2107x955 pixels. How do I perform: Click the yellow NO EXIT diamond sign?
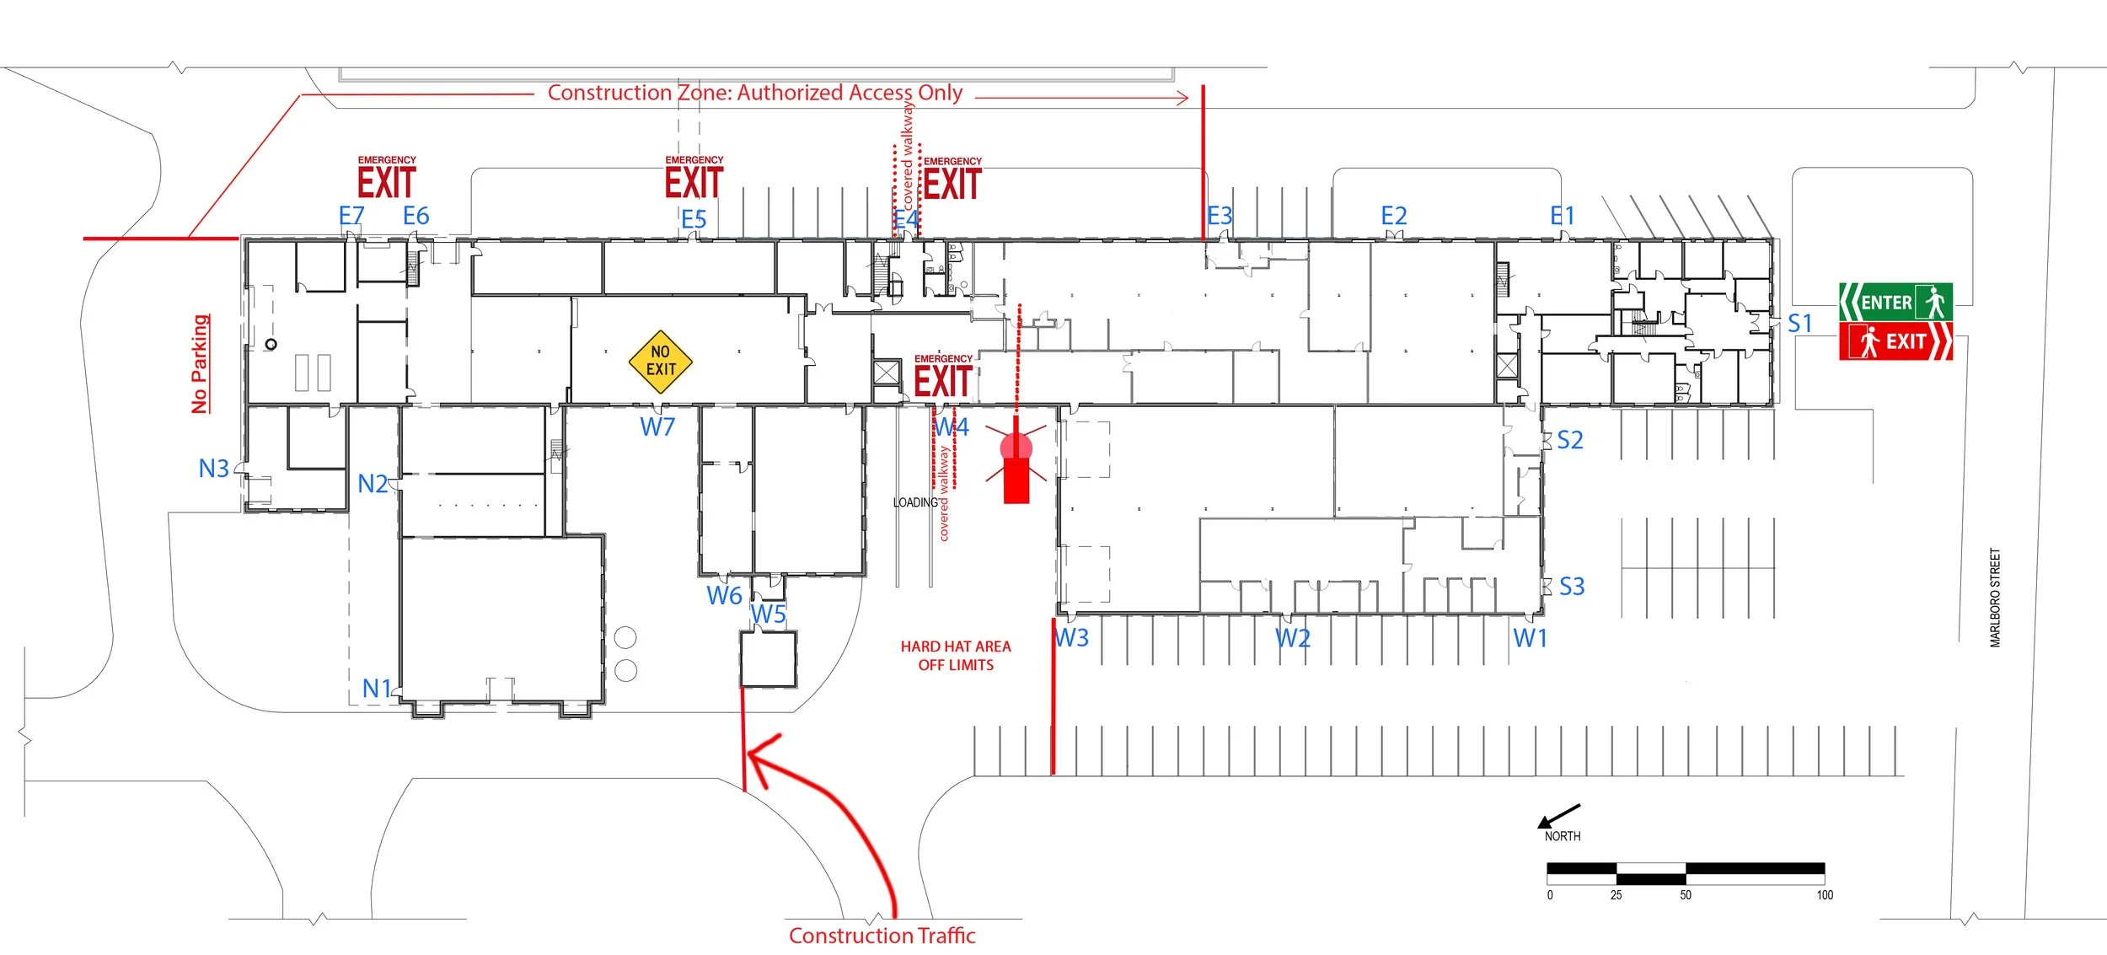pos(661,362)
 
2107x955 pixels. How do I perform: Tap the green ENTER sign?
pos(1895,302)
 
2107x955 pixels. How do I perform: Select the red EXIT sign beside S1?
pos(1895,341)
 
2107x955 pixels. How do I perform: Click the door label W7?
pos(657,427)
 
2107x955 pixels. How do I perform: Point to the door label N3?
pos(213,469)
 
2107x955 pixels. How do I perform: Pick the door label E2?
pos(1394,217)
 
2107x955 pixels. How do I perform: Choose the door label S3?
pos(1572,587)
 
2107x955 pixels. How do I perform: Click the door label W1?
pos(1531,639)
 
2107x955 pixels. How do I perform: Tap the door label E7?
pos(351,217)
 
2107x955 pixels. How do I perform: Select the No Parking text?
pos(200,364)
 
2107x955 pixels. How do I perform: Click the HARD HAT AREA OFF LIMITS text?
pos(956,656)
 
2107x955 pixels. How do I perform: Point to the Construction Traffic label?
pos(882,936)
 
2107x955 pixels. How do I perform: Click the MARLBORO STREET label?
pos(1995,598)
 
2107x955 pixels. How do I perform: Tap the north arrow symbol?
pos(1559,816)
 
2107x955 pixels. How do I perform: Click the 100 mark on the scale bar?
pos(1825,895)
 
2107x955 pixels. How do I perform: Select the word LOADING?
pos(915,503)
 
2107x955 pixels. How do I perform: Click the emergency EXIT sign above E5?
pos(694,180)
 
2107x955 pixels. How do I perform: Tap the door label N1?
pos(377,689)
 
